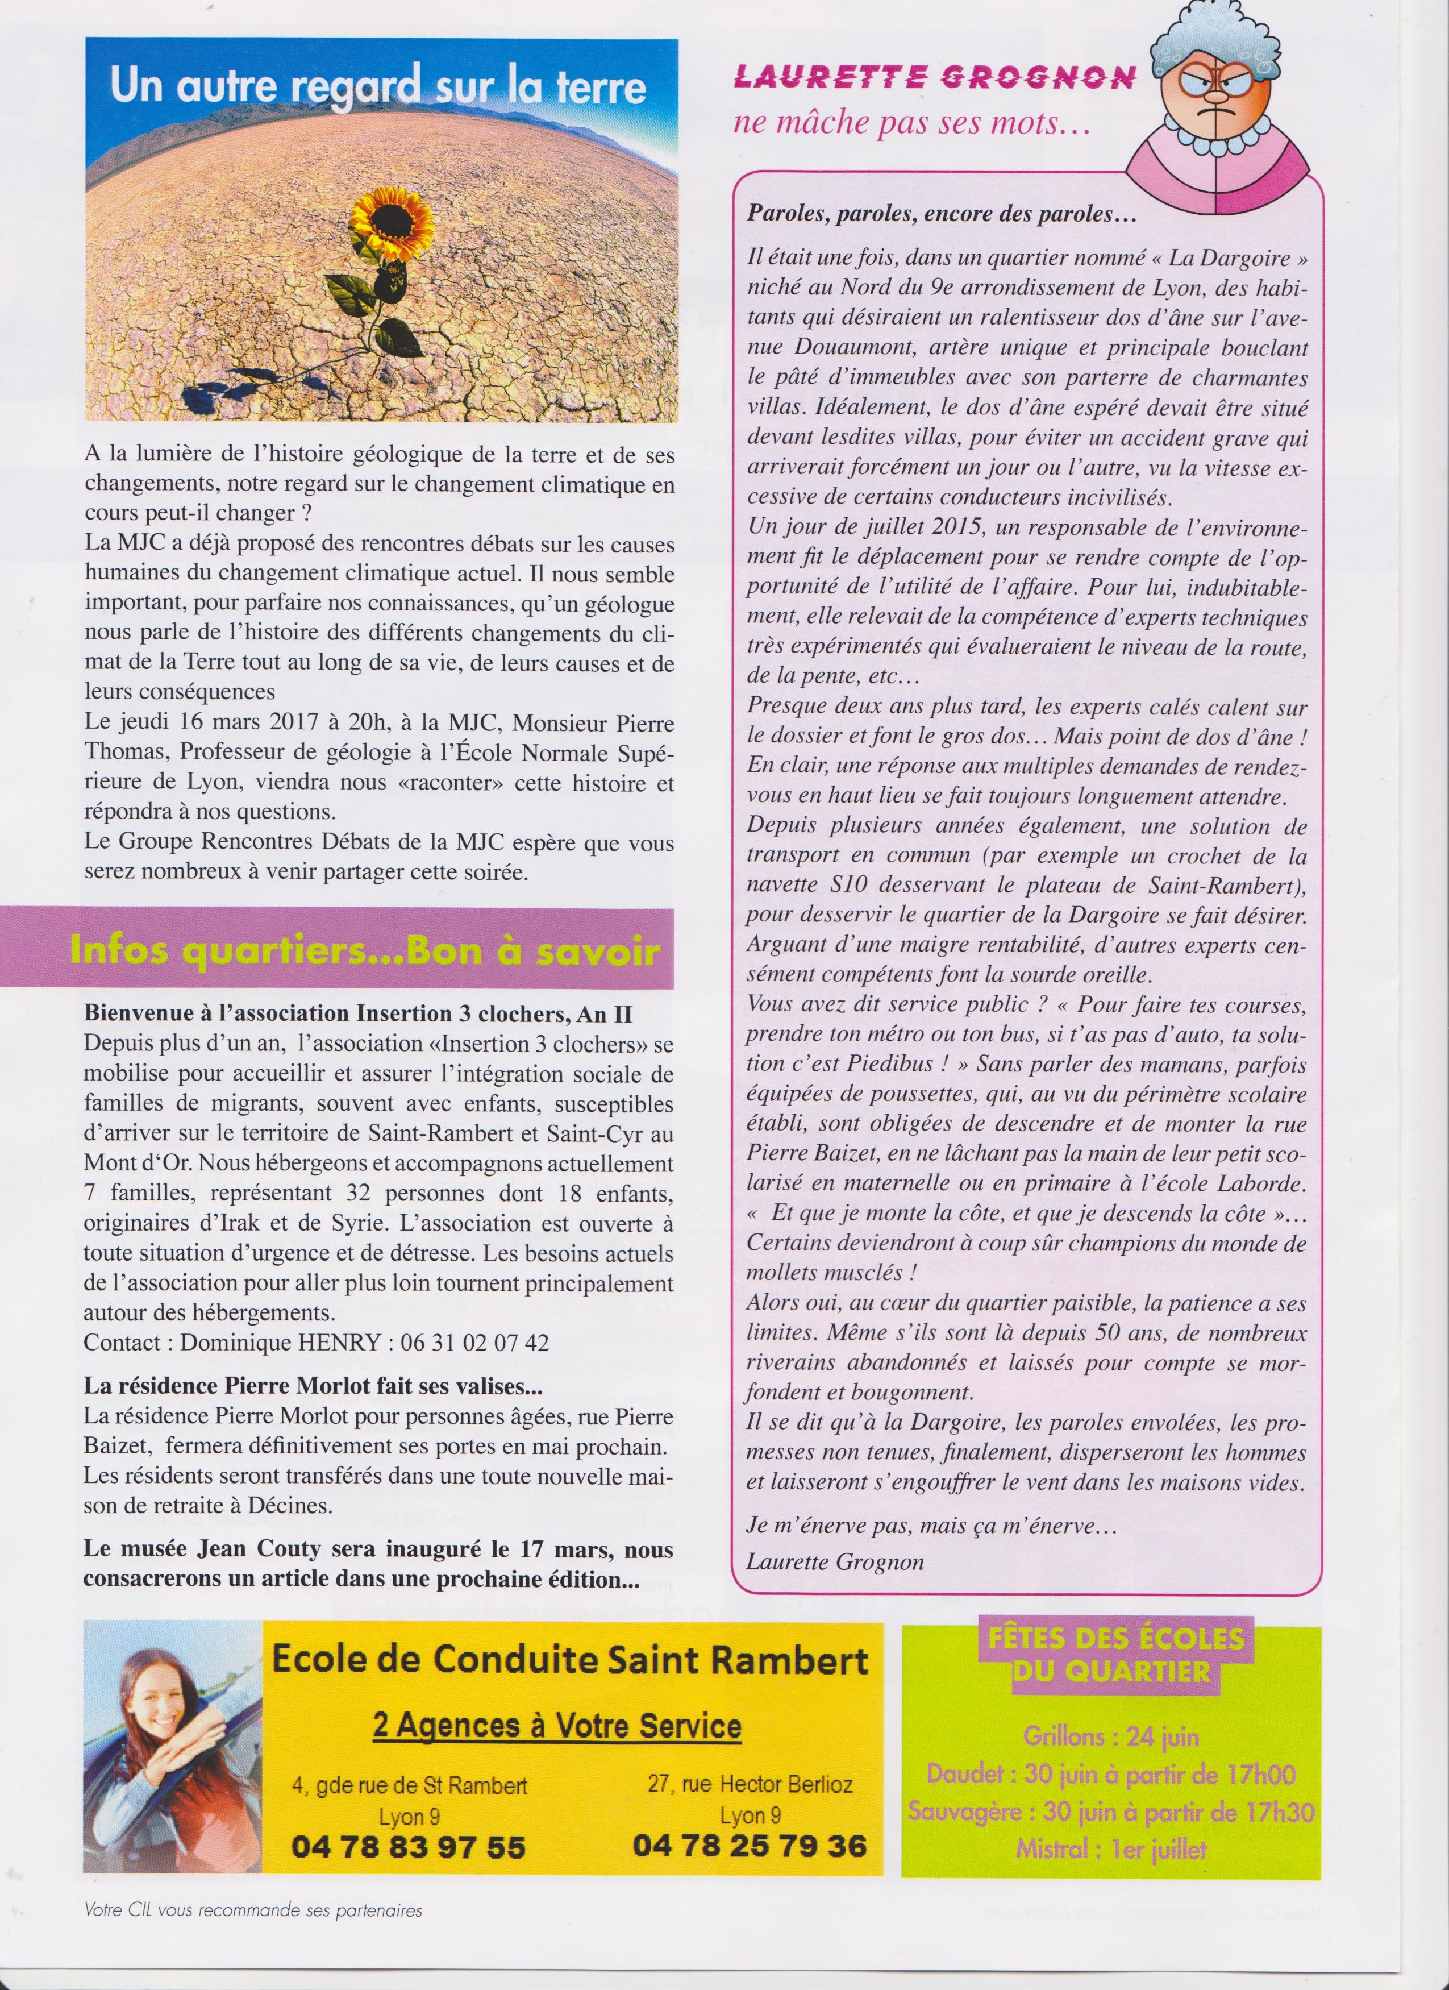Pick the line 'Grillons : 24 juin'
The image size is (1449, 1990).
(x=1110, y=1735)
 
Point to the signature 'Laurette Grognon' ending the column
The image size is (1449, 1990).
(x=835, y=1562)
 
